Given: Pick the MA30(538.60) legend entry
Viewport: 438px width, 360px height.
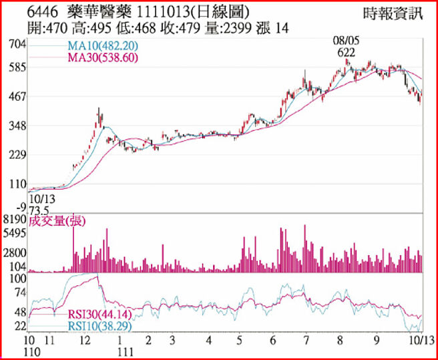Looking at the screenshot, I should (x=101, y=58).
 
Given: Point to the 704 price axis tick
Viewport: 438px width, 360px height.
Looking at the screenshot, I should (x=17, y=44).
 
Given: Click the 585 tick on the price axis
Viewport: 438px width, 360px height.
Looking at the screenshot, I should (x=17, y=67).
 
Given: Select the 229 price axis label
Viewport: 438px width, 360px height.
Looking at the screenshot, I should (x=17, y=155).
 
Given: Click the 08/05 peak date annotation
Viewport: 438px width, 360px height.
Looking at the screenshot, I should (x=346, y=41).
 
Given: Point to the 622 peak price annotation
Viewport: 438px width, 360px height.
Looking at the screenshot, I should (x=346, y=52).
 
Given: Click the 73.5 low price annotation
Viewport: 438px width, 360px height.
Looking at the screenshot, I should (x=43, y=208).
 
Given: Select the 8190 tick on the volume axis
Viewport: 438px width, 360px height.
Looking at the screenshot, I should (x=15, y=220).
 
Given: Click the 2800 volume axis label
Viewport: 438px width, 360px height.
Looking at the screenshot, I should (x=15, y=253).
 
